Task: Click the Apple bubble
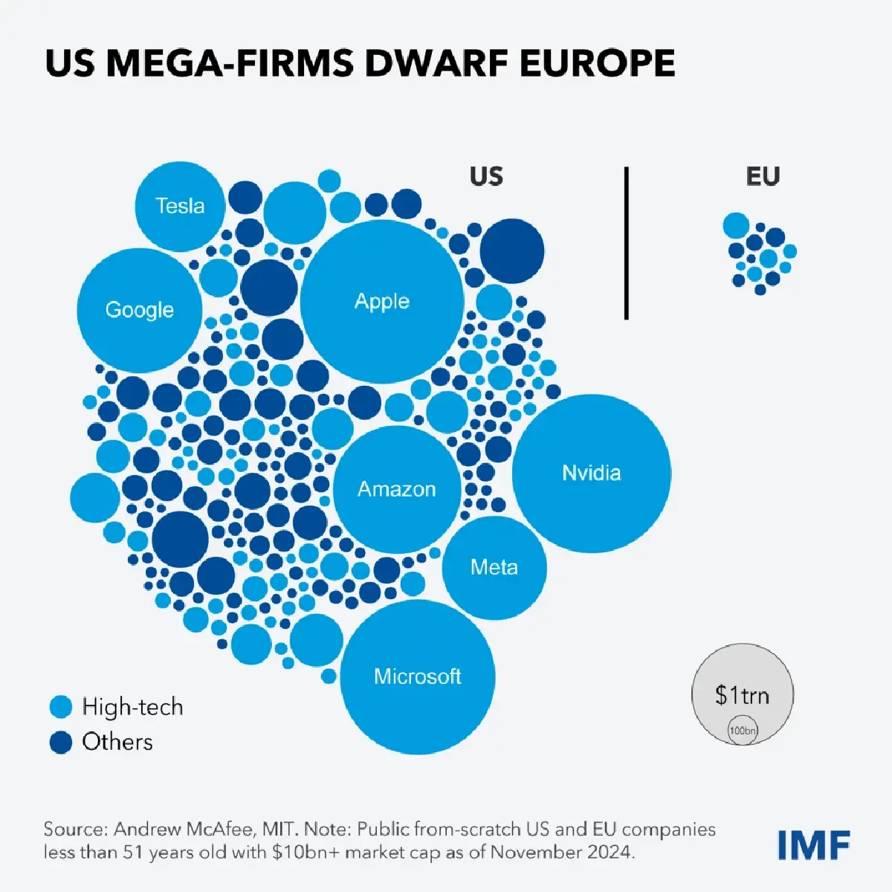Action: (x=382, y=301)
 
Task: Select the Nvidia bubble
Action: (x=592, y=474)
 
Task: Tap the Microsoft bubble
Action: (x=417, y=676)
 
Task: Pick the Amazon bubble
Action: (x=397, y=489)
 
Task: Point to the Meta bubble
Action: (x=494, y=568)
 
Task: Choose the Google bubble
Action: (x=140, y=310)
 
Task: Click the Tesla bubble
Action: (x=180, y=206)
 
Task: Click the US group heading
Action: (x=486, y=177)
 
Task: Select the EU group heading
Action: (x=763, y=177)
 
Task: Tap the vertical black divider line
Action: (x=626, y=243)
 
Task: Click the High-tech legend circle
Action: (x=60, y=707)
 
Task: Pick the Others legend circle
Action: (x=60, y=742)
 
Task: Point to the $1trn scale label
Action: (x=742, y=695)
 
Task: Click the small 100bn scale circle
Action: (x=743, y=731)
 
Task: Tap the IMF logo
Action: (x=814, y=844)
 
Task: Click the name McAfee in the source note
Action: (x=220, y=830)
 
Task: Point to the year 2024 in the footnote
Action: (x=611, y=852)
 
